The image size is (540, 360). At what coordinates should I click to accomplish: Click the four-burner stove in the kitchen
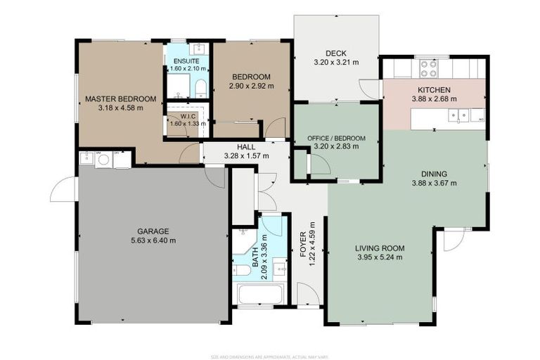pos(428,69)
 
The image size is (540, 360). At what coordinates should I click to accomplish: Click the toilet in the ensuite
pos(200,87)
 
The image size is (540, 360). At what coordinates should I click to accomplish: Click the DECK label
pos(335,53)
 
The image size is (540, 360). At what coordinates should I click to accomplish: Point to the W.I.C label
pos(187,115)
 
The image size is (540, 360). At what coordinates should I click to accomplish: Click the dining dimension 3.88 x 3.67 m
pos(433,183)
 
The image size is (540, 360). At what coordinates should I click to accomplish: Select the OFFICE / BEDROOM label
pos(337,139)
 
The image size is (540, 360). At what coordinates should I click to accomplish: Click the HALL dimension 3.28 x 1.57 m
pos(246,155)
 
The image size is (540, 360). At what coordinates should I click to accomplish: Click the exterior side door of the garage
pos(63,188)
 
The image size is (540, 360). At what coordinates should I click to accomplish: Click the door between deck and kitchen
pos(368,89)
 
